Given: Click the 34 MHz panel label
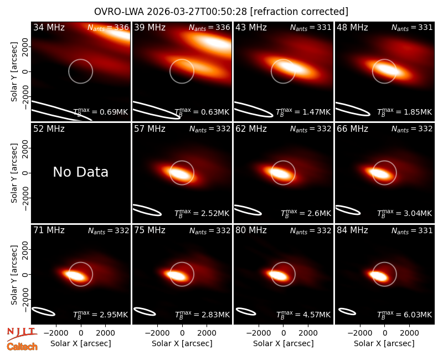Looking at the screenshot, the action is pyautogui.click(x=49, y=27).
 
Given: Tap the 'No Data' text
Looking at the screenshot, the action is pyautogui.click(x=80, y=172).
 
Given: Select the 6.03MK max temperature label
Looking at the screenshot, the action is pyautogui.click(x=405, y=315).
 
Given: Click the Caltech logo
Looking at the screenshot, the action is pyautogui.click(x=22, y=347).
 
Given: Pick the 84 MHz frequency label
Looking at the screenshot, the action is pyautogui.click(x=352, y=230).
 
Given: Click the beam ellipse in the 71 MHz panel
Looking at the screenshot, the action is pyautogui.click(x=43, y=311).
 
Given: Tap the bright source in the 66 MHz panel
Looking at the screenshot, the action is pyautogui.click(x=380, y=173).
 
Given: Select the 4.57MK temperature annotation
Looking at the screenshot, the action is pyautogui.click(x=303, y=315).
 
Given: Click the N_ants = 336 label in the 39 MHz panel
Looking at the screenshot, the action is pyautogui.click(x=209, y=27).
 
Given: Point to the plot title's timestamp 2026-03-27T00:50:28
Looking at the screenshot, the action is pyautogui.click(x=197, y=12).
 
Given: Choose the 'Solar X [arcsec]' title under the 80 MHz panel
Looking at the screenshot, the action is pyautogui.click(x=284, y=343).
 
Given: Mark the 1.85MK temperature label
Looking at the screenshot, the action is pyautogui.click(x=405, y=112).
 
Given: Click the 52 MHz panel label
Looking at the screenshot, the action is pyautogui.click(x=49, y=129).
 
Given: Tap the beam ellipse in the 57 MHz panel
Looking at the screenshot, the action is pyautogui.click(x=147, y=210).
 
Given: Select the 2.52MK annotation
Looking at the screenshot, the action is pyautogui.click(x=202, y=213).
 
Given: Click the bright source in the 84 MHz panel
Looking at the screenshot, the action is pyautogui.click(x=378, y=275).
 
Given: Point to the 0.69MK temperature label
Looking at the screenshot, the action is pyautogui.click(x=101, y=112).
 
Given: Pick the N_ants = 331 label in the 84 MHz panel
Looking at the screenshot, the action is pyautogui.click(x=412, y=230).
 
